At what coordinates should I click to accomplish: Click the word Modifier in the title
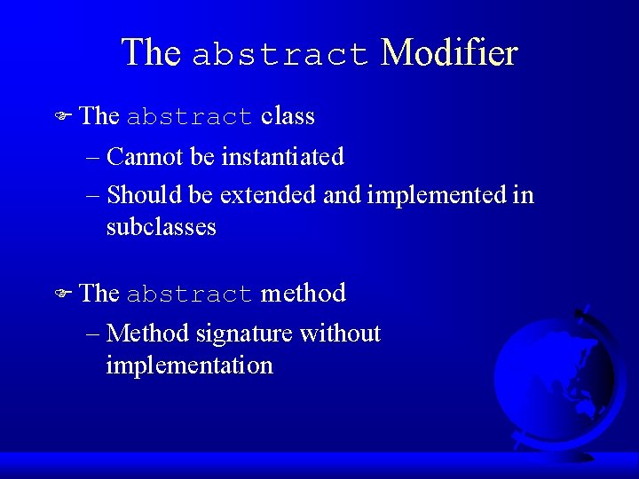click(x=448, y=53)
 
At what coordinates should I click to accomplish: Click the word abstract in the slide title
click(x=280, y=55)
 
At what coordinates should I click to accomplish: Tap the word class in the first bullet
click(x=288, y=116)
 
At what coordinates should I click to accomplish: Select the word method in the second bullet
click(x=303, y=293)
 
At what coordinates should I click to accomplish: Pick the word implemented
click(x=436, y=194)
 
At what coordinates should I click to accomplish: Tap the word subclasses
click(x=161, y=227)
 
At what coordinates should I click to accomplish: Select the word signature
click(x=244, y=334)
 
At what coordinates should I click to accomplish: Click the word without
click(x=340, y=334)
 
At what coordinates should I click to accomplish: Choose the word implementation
click(x=189, y=365)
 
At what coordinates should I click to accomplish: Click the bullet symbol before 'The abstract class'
click(x=62, y=117)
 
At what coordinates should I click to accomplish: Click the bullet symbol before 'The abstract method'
click(x=62, y=294)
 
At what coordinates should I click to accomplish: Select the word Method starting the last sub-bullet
click(x=147, y=334)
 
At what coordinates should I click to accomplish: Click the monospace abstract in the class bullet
click(x=190, y=118)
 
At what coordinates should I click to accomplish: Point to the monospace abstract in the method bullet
click(x=190, y=294)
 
